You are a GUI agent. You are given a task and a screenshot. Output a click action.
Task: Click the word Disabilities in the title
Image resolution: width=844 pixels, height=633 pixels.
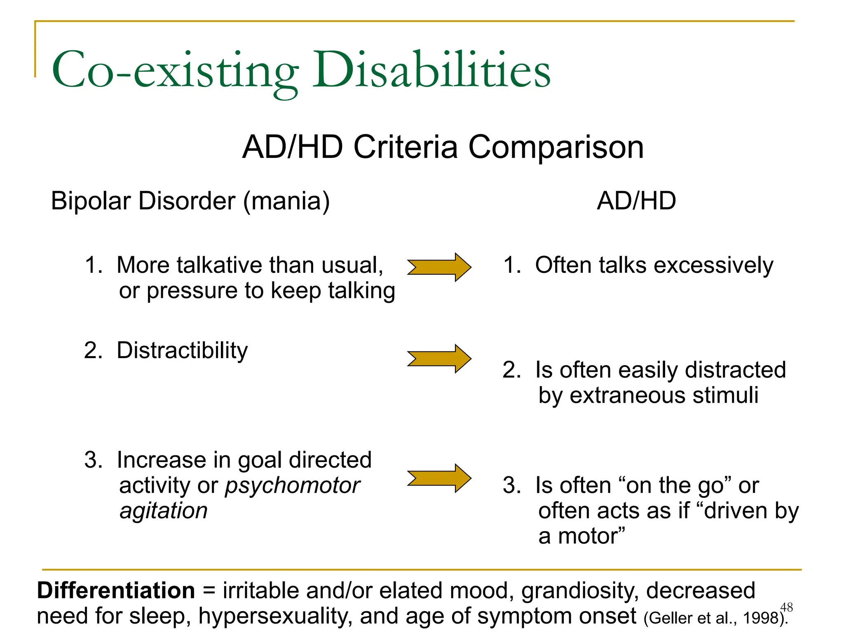point(431,71)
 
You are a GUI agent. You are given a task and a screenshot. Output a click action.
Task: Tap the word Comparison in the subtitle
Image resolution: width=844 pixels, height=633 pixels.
point(556,148)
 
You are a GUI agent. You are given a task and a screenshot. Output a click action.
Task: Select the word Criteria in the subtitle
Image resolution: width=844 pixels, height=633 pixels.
point(406,148)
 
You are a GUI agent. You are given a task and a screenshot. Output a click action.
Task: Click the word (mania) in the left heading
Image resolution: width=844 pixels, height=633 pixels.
point(287,202)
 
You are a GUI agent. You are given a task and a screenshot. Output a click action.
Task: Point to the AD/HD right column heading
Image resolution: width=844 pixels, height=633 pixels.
point(636,201)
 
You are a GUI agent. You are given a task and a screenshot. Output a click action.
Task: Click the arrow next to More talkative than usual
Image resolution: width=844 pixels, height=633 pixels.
point(439,267)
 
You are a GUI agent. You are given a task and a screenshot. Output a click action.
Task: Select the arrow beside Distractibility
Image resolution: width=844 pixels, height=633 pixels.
point(439,359)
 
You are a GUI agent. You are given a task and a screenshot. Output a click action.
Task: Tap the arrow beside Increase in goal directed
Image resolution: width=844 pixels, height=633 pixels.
point(439,478)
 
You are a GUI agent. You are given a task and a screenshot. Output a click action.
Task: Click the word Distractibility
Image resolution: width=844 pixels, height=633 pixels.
point(182,351)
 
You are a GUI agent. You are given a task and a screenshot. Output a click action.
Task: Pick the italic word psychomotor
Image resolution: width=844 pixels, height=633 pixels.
point(292,486)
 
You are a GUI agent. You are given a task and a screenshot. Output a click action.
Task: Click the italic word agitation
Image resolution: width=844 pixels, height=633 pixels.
point(164,511)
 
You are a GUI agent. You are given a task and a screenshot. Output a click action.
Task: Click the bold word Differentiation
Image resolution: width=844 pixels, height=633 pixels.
point(116,591)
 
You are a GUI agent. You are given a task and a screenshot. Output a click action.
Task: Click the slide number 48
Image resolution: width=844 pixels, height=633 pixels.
point(786,607)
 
